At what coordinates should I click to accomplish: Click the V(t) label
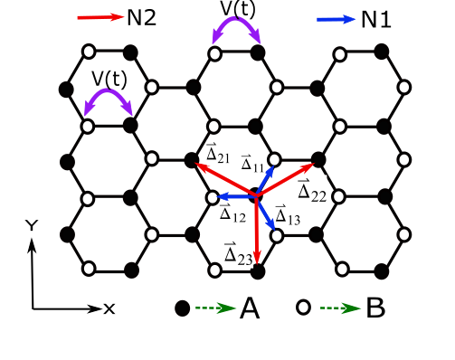[109, 80]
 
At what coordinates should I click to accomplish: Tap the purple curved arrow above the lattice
[236, 28]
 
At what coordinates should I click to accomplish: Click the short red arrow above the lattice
[100, 17]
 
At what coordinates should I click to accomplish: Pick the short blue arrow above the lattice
[337, 19]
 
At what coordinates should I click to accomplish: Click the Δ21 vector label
[218, 154]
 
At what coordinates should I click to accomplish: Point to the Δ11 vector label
[252, 163]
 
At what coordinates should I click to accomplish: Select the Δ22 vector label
[312, 191]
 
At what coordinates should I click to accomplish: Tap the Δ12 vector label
[232, 213]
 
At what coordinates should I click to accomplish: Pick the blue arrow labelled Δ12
[233, 196]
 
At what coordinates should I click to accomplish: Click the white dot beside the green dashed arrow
[304, 308]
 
